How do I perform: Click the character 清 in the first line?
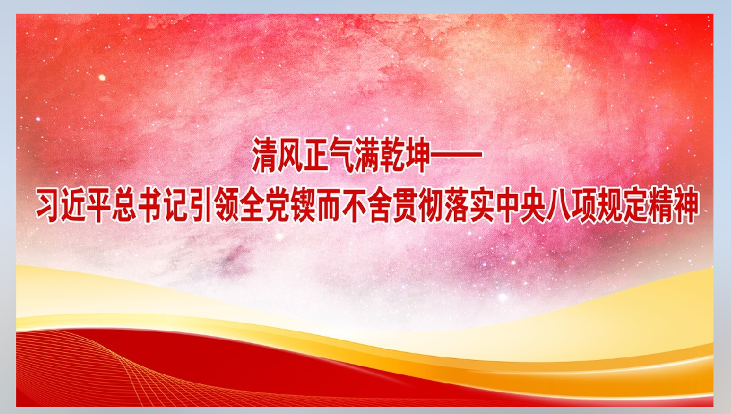(x=266, y=155)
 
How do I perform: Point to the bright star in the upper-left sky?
(x=101, y=77)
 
